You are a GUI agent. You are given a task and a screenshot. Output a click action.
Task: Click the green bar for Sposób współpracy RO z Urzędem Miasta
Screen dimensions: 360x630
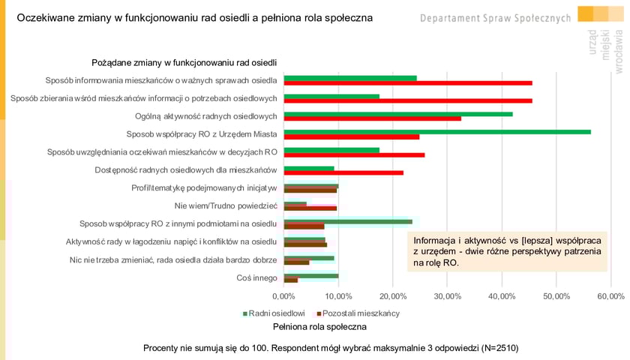point(437,131)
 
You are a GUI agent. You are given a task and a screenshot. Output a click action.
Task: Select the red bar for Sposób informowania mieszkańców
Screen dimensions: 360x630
point(408,82)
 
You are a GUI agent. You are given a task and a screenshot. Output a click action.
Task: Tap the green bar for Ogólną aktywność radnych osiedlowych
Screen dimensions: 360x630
point(398,113)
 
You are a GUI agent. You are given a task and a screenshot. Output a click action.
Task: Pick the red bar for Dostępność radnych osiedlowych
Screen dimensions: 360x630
point(343,172)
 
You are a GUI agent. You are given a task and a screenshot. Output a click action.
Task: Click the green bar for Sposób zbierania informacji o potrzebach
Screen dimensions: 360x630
point(331,95)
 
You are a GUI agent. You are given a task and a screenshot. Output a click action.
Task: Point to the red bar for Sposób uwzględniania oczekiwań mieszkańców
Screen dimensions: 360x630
point(354,154)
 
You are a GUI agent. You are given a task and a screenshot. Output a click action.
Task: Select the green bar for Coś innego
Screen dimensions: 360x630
point(311,275)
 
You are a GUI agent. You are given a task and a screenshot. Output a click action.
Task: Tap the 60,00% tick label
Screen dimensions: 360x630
point(610,296)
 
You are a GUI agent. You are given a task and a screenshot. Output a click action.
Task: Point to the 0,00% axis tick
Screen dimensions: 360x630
point(283,296)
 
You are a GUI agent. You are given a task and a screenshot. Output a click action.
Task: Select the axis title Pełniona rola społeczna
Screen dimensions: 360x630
point(319,326)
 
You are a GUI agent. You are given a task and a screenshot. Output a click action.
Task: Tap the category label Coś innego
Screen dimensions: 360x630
point(256,278)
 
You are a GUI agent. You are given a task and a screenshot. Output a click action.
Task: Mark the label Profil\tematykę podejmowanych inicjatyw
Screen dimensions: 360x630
point(204,187)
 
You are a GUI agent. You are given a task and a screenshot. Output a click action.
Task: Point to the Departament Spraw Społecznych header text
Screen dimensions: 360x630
point(496,17)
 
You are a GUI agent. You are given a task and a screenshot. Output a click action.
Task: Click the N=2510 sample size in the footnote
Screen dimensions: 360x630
point(494,348)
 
